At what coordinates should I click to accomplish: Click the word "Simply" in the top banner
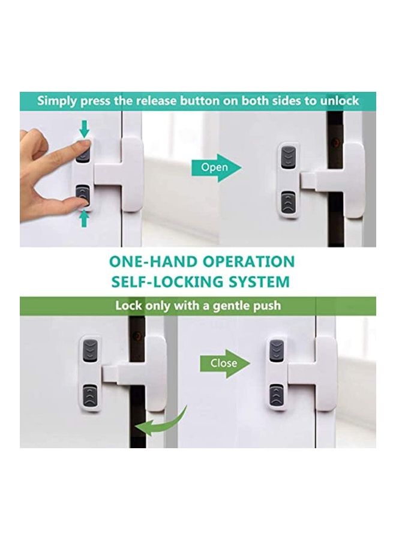pyautogui.click(x=57, y=100)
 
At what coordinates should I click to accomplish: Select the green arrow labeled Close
pyautogui.click(x=224, y=363)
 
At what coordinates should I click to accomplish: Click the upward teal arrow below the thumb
pyautogui.click(x=84, y=218)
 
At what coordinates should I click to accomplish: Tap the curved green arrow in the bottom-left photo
pyautogui.click(x=160, y=422)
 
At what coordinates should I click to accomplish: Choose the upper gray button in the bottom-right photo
pyautogui.click(x=276, y=350)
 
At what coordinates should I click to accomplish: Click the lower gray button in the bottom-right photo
pyautogui.click(x=276, y=394)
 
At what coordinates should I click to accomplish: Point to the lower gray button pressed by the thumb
pyautogui.click(x=84, y=196)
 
